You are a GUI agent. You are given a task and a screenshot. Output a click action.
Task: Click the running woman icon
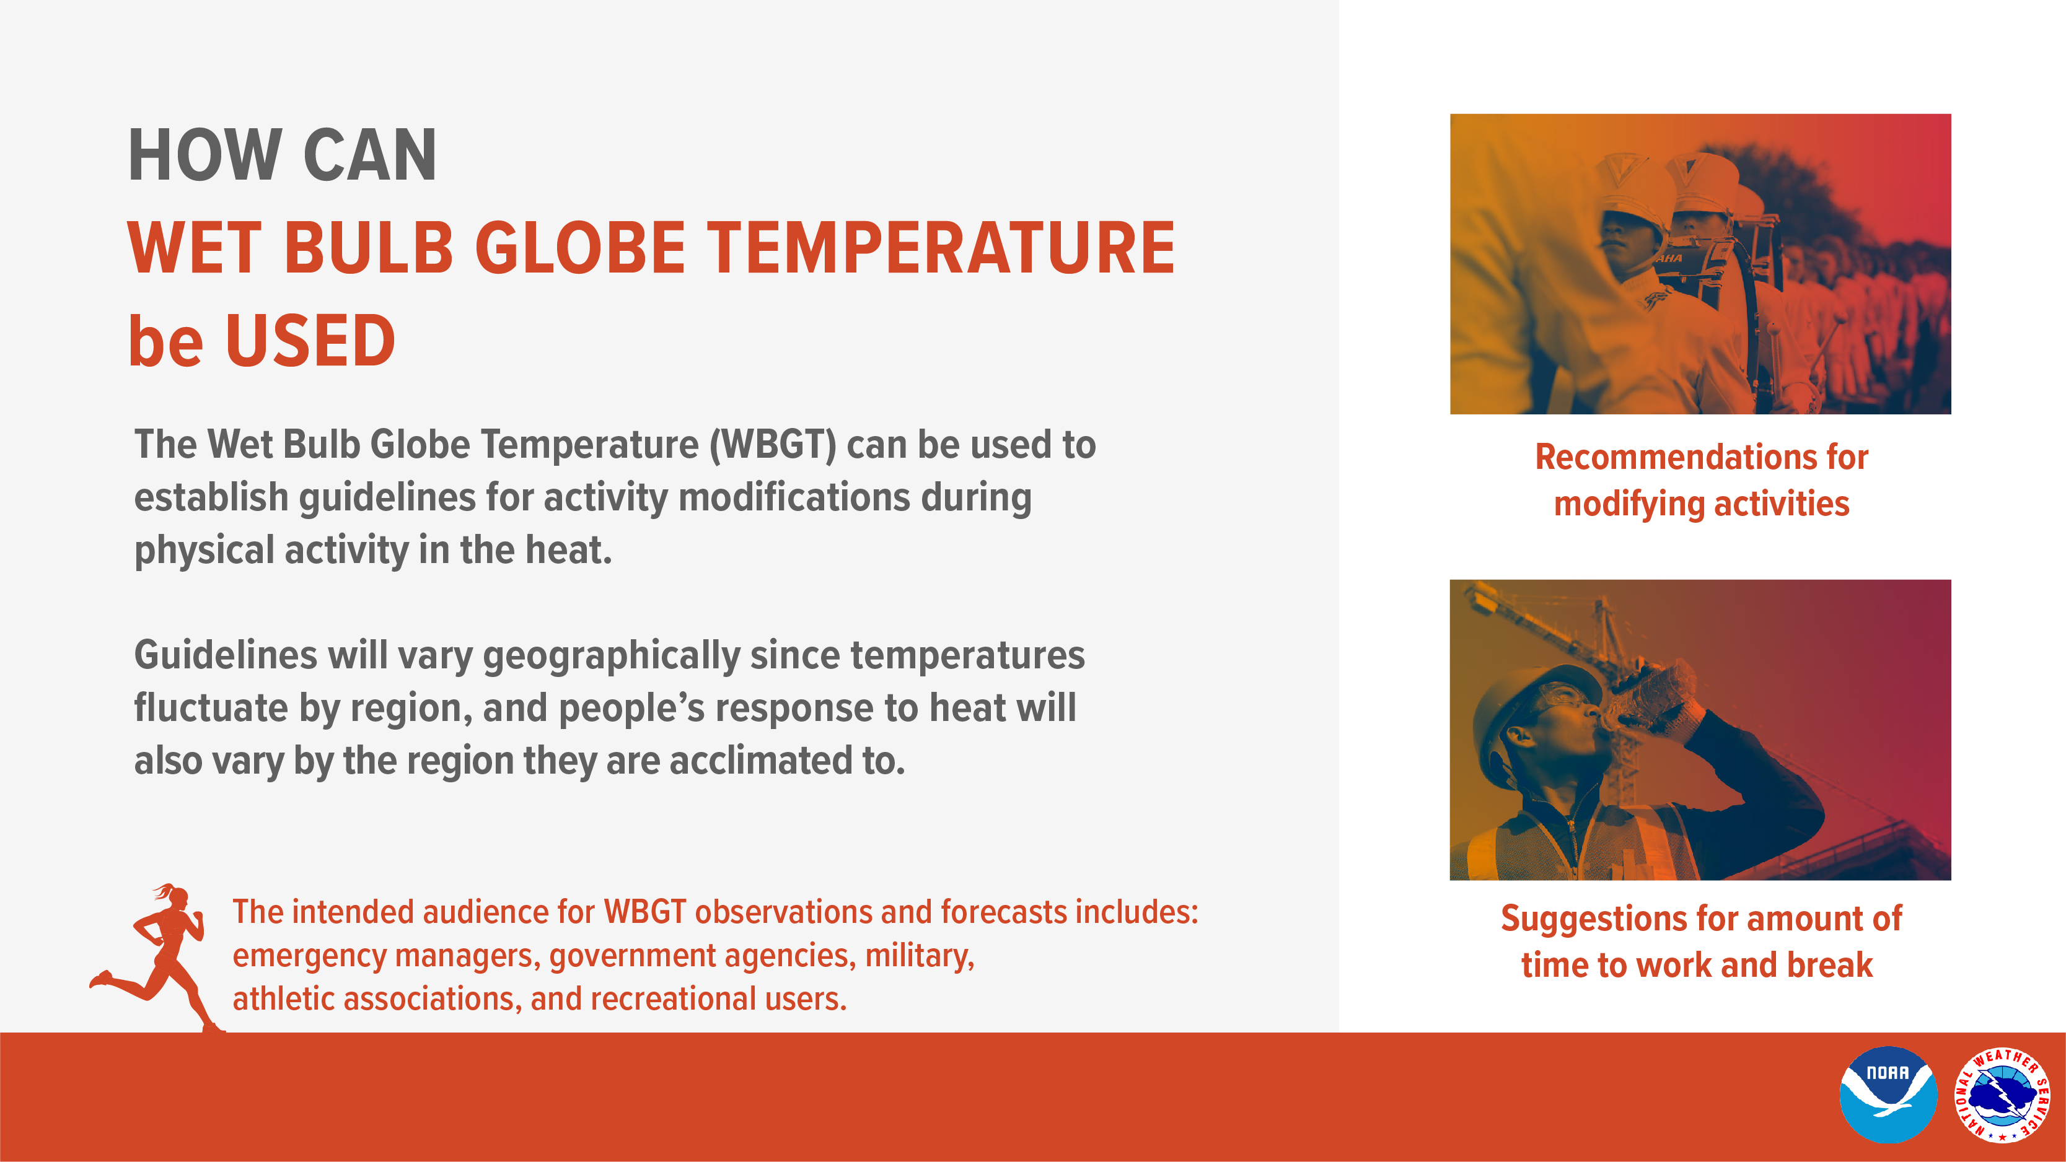156,958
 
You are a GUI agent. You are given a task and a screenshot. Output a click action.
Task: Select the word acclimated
760,760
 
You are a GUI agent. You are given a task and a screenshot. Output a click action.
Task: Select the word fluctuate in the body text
211,708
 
